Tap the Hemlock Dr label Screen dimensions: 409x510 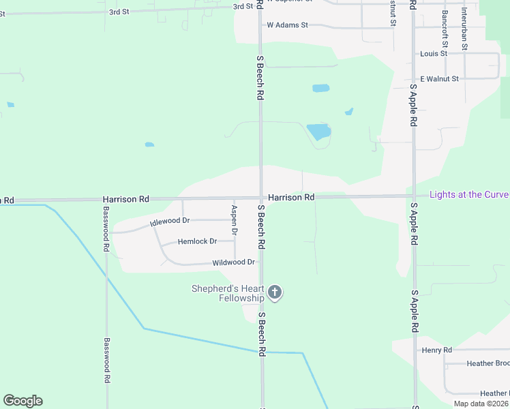point(197,241)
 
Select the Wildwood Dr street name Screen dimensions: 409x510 point(233,262)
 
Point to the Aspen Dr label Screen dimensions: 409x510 point(234,220)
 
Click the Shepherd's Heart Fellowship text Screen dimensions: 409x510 point(227,294)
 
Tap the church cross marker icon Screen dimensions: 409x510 point(275,292)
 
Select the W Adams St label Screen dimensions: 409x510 point(287,25)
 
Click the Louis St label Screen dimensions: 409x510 point(434,53)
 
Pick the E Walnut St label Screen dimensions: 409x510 point(439,79)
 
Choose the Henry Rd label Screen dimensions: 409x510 point(437,350)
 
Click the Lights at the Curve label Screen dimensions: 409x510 point(469,195)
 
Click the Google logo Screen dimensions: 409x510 point(22,401)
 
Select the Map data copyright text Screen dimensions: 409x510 point(481,404)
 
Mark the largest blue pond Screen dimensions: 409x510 point(318,131)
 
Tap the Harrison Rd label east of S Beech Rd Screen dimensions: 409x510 point(290,198)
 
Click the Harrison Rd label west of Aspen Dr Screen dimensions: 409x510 point(125,199)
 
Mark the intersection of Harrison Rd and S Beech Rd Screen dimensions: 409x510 point(260,198)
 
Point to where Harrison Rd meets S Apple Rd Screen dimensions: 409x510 point(413,196)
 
